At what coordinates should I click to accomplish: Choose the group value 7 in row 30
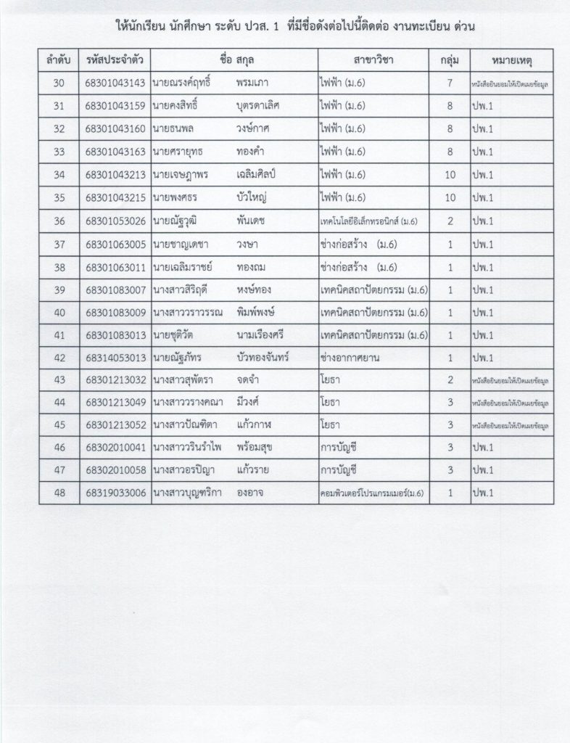450,83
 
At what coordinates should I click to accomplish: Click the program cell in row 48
371,493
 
